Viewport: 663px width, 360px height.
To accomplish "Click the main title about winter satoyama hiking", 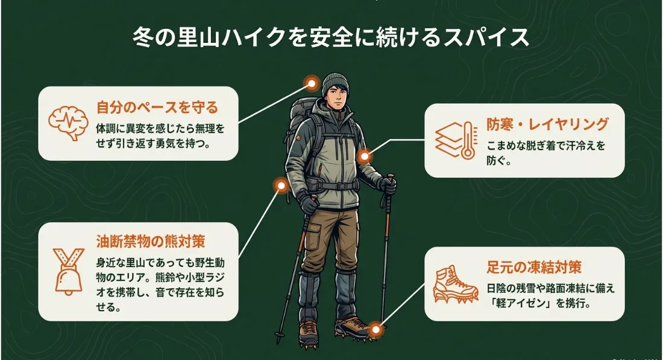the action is pyautogui.click(x=331, y=37).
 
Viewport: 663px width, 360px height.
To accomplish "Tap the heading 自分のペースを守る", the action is pyautogui.click(x=157, y=107).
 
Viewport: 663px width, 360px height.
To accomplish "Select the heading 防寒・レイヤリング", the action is pyautogui.click(x=547, y=124).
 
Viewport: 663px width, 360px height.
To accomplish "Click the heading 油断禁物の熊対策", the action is pyautogui.click(x=151, y=242).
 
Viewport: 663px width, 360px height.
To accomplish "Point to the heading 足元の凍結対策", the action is pyautogui.click(x=534, y=267).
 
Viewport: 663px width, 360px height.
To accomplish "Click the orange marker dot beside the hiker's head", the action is pyautogui.click(x=312, y=84).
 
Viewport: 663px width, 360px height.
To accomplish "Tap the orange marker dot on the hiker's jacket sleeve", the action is pyautogui.click(x=364, y=157).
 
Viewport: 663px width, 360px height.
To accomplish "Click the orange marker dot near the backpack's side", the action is pyautogui.click(x=281, y=185).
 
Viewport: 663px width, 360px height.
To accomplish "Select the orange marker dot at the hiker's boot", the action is pyautogui.click(x=375, y=329).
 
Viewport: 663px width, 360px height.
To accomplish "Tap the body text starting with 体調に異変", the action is pyautogui.click(x=160, y=136).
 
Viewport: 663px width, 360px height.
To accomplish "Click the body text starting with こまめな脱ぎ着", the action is pyautogui.click(x=545, y=153).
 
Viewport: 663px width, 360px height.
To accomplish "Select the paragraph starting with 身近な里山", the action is pyautogui.click(x=160, y=285).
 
